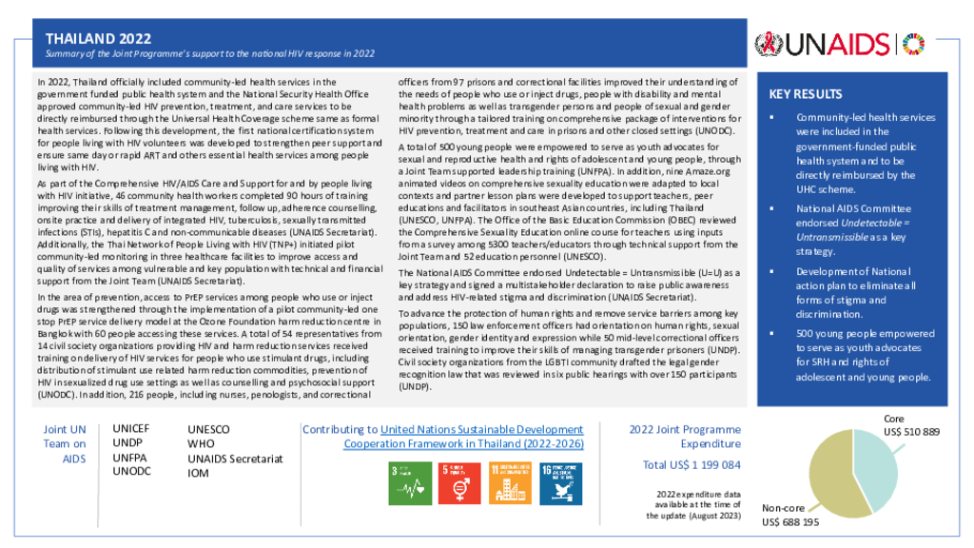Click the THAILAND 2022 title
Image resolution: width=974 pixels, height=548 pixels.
99,38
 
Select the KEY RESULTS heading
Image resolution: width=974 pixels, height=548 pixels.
805,94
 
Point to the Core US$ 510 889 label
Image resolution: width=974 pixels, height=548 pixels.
911,425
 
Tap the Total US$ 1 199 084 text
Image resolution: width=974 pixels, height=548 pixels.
692,465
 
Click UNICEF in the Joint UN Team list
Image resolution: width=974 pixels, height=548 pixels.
131,429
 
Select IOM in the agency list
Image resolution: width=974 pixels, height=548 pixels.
199,473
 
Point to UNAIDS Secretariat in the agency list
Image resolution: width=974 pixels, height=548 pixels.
235,459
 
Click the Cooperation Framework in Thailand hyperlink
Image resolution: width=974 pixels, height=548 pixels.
463,443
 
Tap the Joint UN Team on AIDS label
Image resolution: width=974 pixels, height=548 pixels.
65,443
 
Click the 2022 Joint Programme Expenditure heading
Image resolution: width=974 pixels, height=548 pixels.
685,437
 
